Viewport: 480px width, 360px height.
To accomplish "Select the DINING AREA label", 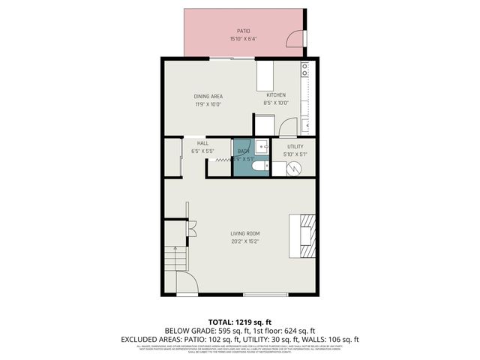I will click(x=208, y=96).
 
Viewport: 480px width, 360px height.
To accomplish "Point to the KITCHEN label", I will click(x=276, y=96).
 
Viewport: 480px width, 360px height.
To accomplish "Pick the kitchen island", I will click(x=266, y=75).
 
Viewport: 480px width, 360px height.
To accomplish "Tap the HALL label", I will click(x=202, y=143).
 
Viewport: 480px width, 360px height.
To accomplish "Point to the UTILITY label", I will click(x=295, y=147).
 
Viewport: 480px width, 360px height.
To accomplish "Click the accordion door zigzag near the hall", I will click(x=223, y=160).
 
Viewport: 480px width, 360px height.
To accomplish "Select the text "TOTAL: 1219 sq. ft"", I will click(x=239, y=321).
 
